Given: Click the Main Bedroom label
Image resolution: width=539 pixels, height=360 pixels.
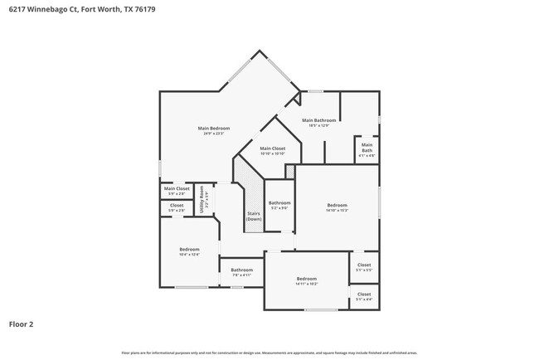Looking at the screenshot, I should pyautogui.click(x=213, y=128).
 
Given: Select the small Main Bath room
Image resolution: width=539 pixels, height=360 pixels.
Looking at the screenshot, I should pyautogui.click(x=367, y=150).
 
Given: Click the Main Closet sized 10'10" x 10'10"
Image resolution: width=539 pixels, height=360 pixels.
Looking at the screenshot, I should pyautogui.click(x=272, y=148).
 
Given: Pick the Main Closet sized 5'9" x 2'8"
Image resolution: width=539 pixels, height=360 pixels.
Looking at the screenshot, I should pyautogui.click(x=177, y=189).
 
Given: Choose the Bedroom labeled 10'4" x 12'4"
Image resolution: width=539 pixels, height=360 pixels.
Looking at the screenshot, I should pyautogui.click(x=189, y=250).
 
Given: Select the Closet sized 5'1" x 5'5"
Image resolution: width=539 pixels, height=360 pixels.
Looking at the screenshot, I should pyautogui.click(x=364, y=265).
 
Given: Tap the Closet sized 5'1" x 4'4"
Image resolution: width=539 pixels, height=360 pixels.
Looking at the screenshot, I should pyautogui.click(x=364, y=294).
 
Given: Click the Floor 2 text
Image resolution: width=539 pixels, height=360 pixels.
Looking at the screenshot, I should pyautogui.click(x=22, y=324).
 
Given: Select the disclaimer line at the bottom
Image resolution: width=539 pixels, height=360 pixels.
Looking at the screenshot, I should pyautogui.click(x=269, y=353).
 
